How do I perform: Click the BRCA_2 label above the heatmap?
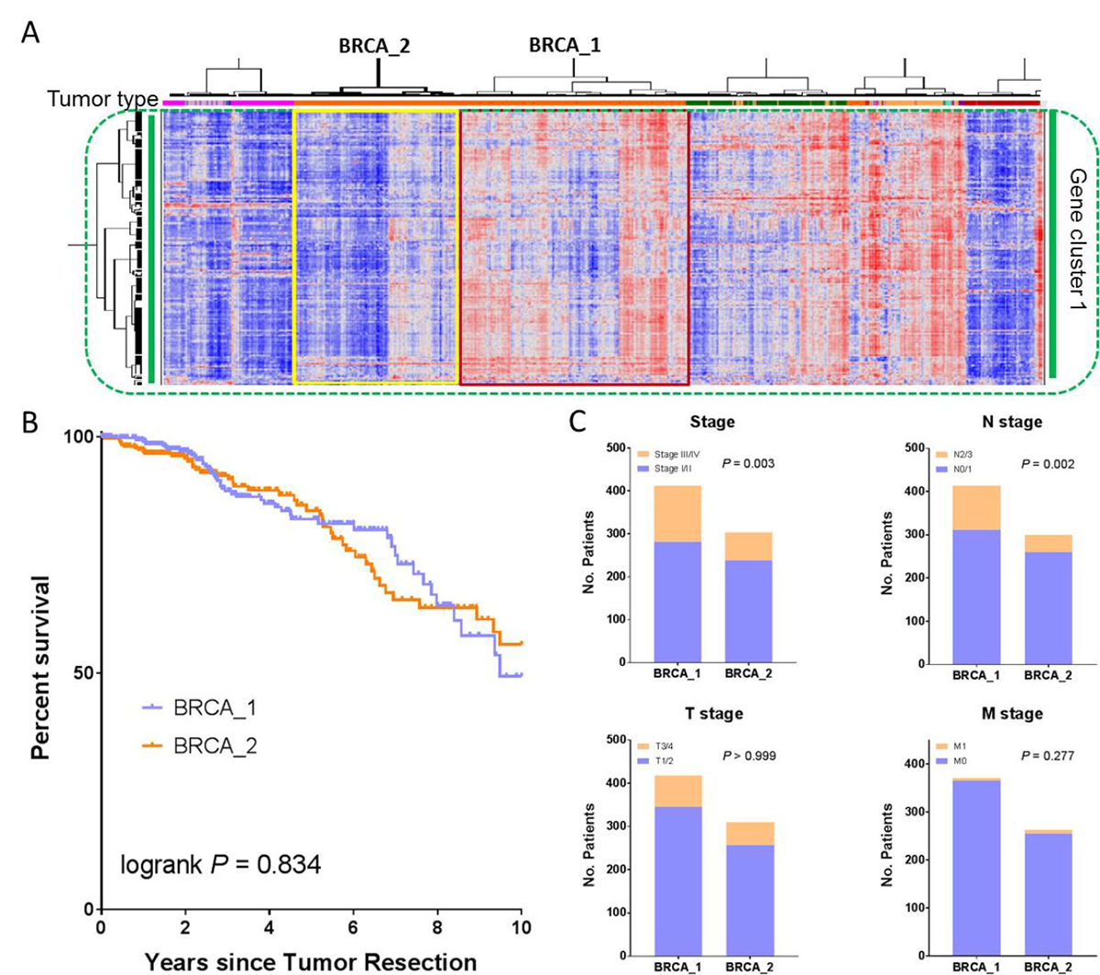click(x=374, y=46)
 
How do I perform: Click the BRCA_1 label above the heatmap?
click(x=565, y=45)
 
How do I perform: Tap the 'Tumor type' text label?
click(x=103, y=99)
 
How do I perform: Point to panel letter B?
click(x=30, y=423)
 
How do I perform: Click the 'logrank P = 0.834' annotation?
click(x=220, y=864)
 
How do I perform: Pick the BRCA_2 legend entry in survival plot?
click(x=199, y=746)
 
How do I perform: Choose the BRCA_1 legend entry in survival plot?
click(x=199, y=708)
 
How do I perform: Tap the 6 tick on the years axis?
click(x=353, y=926)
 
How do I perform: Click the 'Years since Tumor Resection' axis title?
click(x=311, y=962)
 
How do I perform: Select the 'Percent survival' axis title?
click(x=40, y=668)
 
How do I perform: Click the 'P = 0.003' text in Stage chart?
click(x=748, y=463)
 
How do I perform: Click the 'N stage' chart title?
click(x=1012, y=422)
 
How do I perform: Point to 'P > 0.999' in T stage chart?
click(x=749, y=756)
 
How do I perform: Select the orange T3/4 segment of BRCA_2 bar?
click(x=750, y=834)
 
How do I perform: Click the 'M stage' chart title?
click(x=1013, y=714)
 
